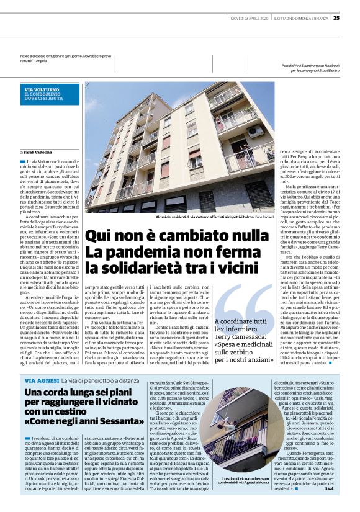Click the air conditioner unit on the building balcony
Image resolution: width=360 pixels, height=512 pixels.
[x=255, y=131]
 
